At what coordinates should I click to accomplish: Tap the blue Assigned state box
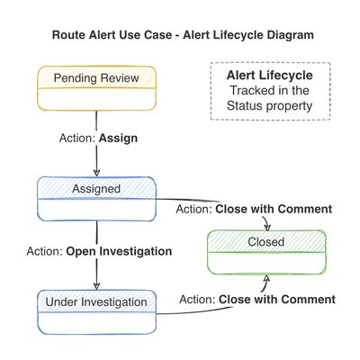(96, 198)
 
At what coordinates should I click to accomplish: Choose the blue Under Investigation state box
(96, 310)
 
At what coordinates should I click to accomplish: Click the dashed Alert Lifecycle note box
(269, 91)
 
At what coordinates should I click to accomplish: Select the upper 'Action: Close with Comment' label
(255, 210)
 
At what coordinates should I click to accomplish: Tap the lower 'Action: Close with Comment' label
(257, 299)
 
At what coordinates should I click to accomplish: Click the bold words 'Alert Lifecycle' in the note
(269, 76)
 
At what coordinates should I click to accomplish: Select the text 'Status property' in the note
(269, 106)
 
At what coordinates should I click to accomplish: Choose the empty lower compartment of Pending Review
(96, 100)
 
